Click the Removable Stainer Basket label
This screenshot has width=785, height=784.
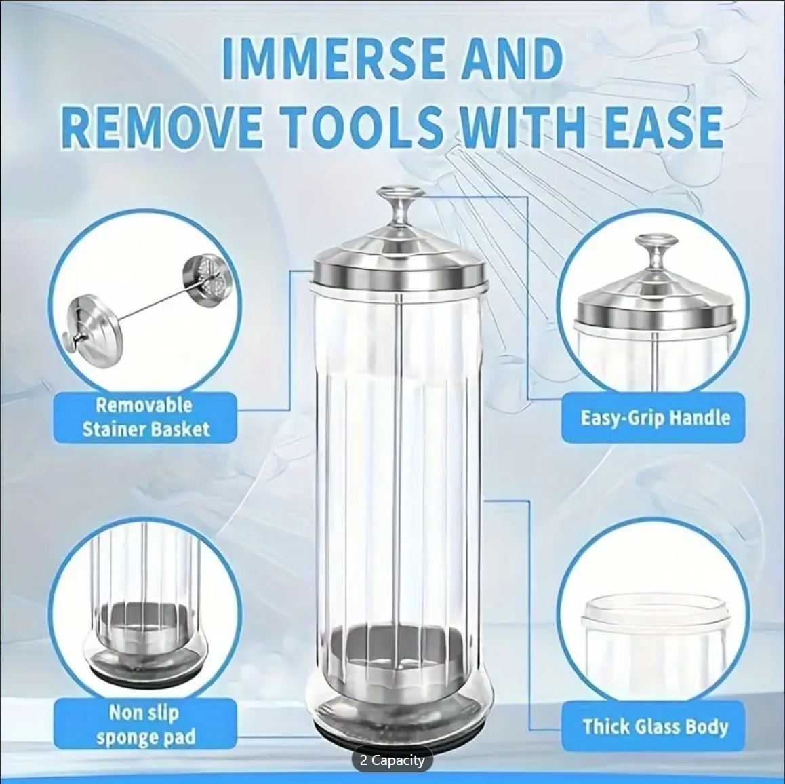click(x=145, y=417)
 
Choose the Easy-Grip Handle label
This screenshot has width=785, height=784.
click(x=654, y=417)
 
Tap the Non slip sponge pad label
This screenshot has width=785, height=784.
click(x=144, y=724)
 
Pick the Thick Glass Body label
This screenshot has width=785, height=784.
click(x=654, y=727)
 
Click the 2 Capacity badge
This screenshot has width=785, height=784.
click(x=392, y=760)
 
